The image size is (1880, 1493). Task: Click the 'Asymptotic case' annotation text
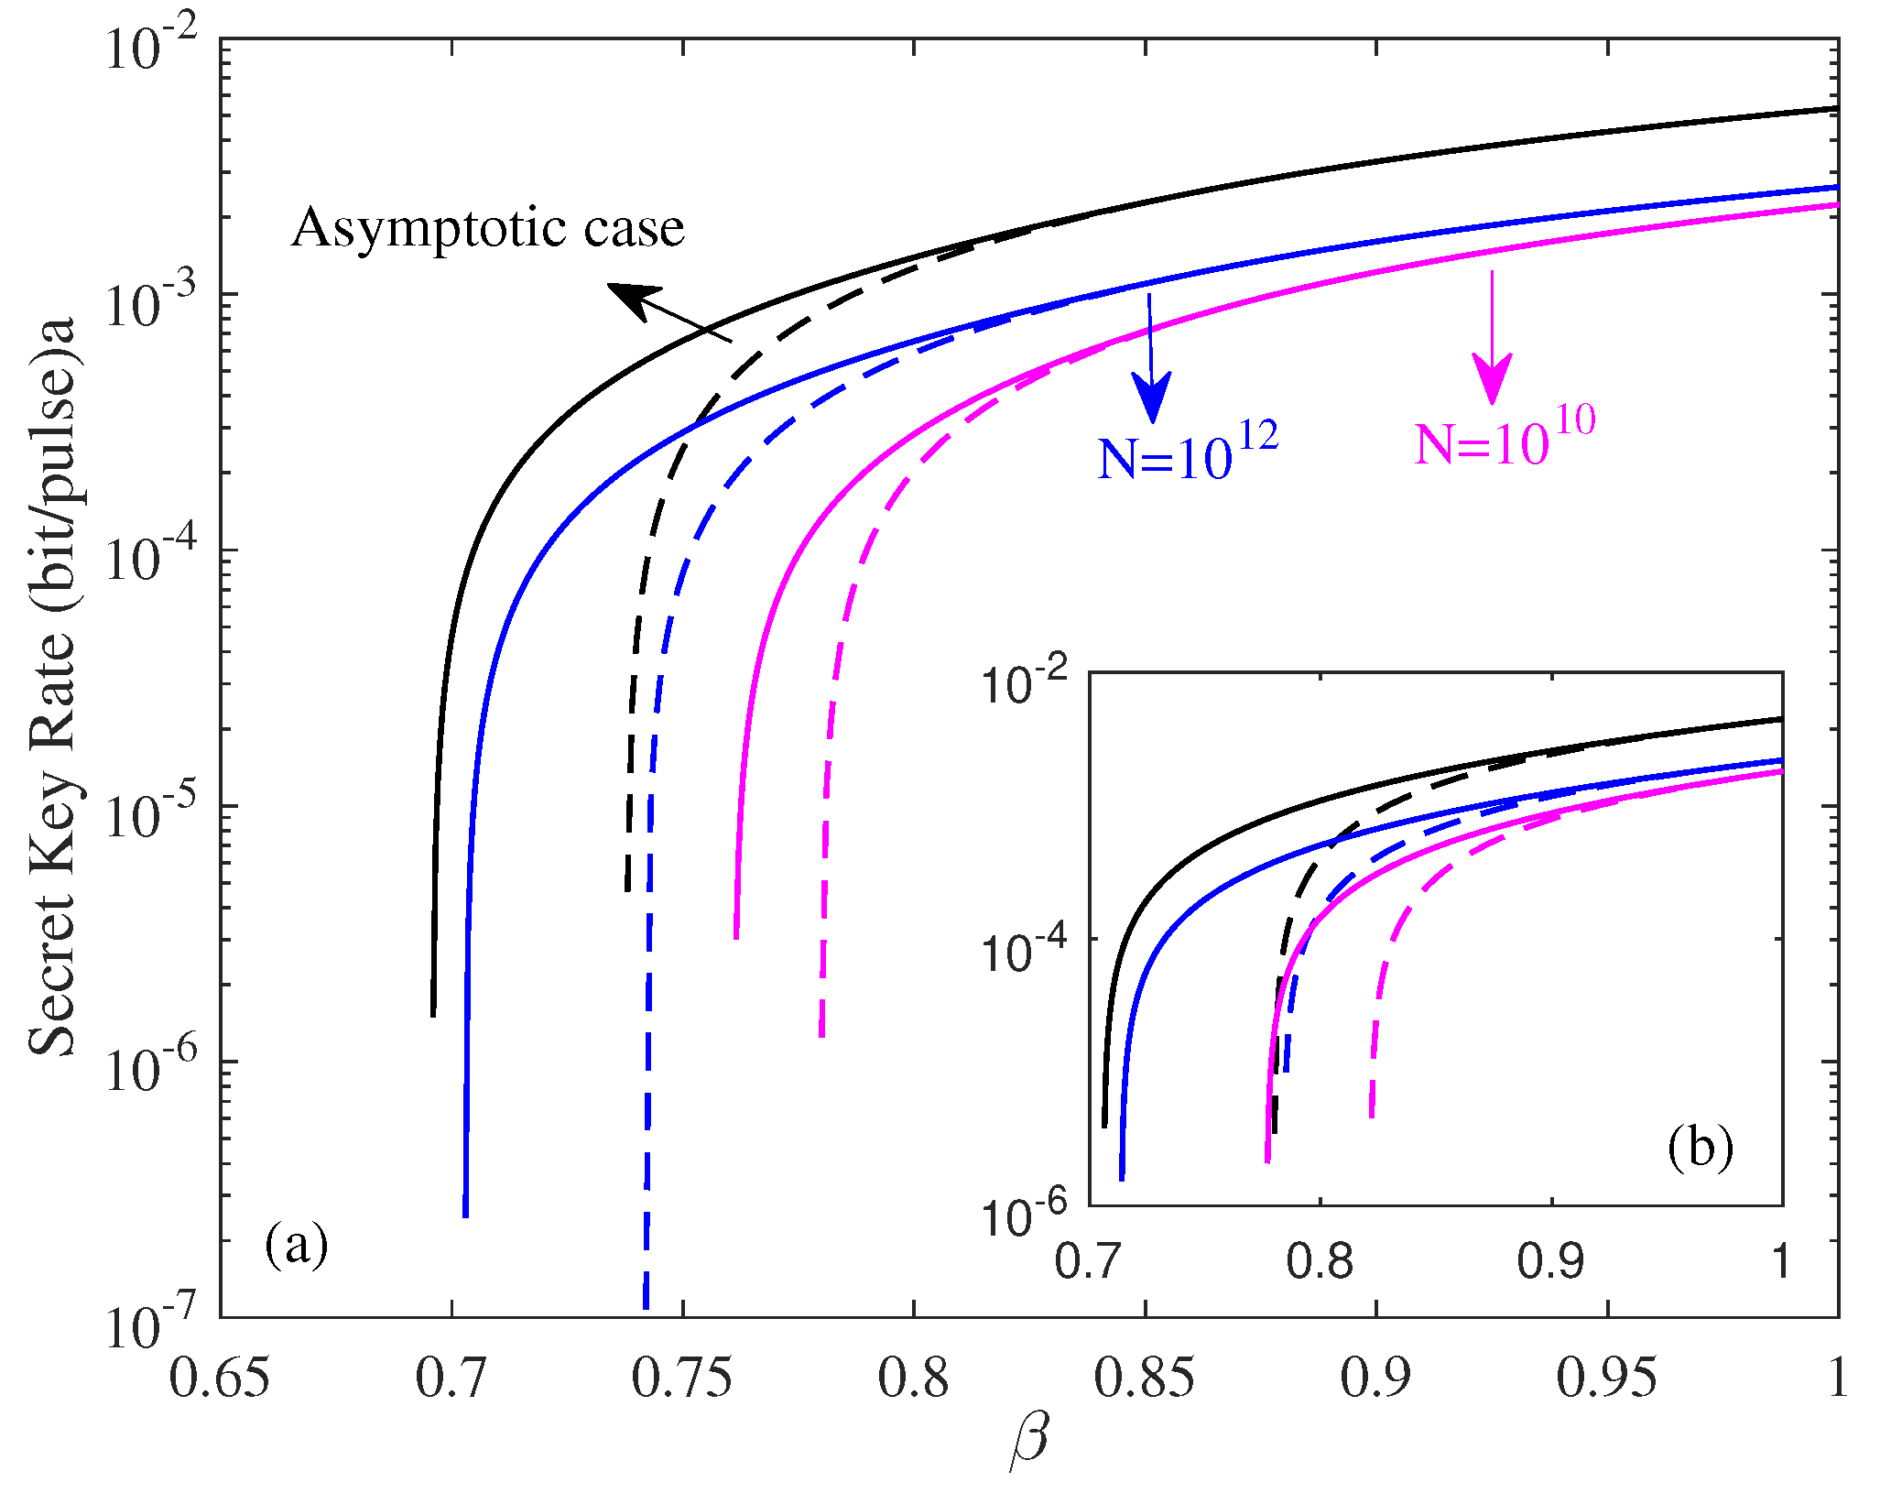click(x=487, y=229)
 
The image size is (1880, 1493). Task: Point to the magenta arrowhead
click(x=1493, y=377)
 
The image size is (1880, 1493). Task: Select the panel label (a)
click(x=296, y=1245)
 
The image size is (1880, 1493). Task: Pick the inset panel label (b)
click(x=1700, y=1148)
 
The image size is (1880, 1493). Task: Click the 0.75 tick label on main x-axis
click(x=682, y=1379)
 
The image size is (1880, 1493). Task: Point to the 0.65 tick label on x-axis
click(x=220, y=1379)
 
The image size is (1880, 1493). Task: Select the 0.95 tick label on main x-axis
click(x=1607, y=1379)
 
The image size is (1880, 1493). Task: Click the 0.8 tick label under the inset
click(x=1320, y=1261)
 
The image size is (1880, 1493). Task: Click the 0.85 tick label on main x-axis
click(x=1145, y=1379)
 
